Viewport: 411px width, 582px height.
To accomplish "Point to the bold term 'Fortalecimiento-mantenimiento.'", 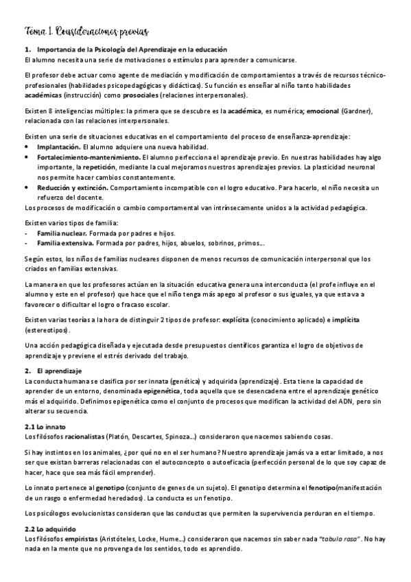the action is (82, 157).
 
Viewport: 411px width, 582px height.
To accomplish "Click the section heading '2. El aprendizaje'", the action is (53, 371).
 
